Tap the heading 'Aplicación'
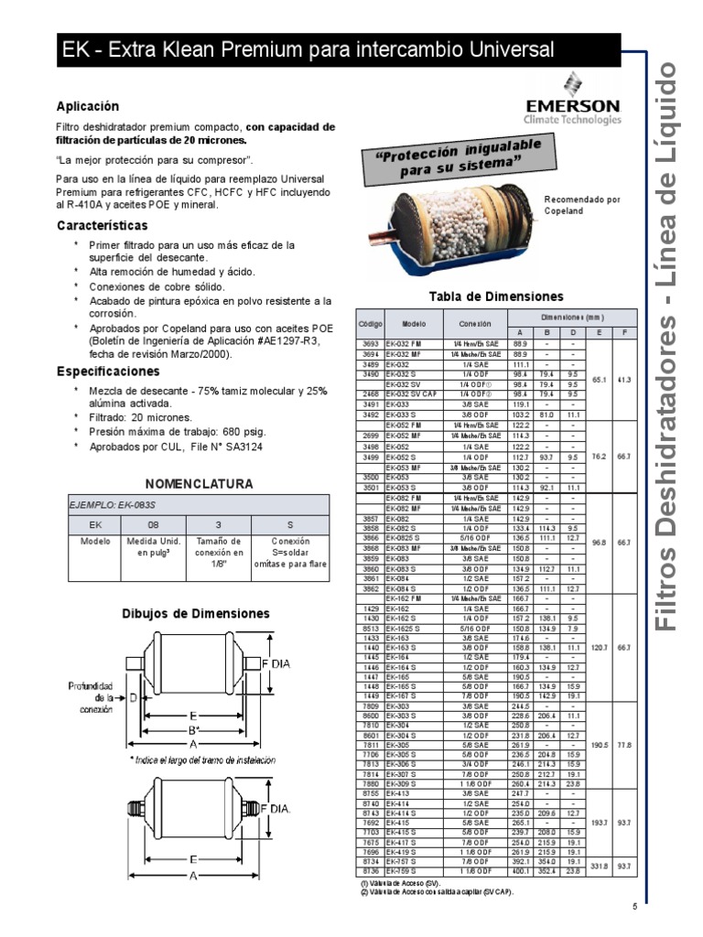pyautogui.click(x=88, y=106)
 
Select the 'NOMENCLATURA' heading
pyautogui.click(x=200, y=484)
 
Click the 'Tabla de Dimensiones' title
pyautogui.click(x=496, y=296)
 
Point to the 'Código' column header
pyautogui.click(x=371, y=324)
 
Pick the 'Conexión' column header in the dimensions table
pyautogui.click(x=475, y=324)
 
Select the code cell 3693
pyautogui.click(x=370, y=342)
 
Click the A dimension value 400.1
pyautogui.click(x=520, y=869)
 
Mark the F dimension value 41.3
pyautogui.click(x=623, y=377)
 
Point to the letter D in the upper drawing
pyautogui.click(x=135, y=697)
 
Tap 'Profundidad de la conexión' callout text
pyautogui.click(x=92, y=696)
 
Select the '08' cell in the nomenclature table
pyautogui.click(x=153, y=525)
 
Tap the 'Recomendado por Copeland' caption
pyautogui.click(x=583, y=203)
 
